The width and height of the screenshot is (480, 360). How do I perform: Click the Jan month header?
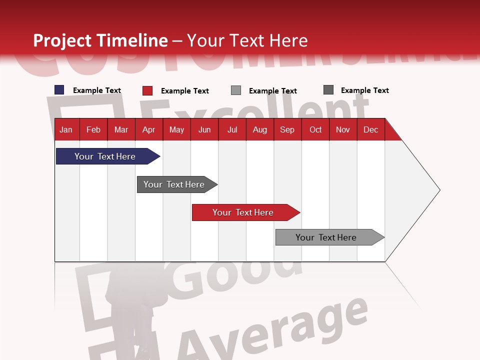66,130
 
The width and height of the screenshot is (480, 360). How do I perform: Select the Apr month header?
149,130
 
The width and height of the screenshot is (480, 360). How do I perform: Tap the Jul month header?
232,130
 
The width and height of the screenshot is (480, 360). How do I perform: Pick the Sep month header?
287,130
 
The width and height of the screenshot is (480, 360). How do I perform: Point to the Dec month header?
370,130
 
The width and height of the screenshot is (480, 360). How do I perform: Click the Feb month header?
93,130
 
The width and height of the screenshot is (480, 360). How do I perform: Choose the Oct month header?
315,130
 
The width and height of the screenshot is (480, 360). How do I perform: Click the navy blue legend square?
59,90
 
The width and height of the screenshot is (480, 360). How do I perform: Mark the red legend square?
147,90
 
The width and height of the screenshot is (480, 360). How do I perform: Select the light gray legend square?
236,90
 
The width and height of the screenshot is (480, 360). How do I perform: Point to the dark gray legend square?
328,90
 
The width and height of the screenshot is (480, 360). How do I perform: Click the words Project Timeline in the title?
100,40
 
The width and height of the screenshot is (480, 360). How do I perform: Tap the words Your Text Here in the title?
247,40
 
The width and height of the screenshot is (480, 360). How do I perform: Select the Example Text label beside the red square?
185,91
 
